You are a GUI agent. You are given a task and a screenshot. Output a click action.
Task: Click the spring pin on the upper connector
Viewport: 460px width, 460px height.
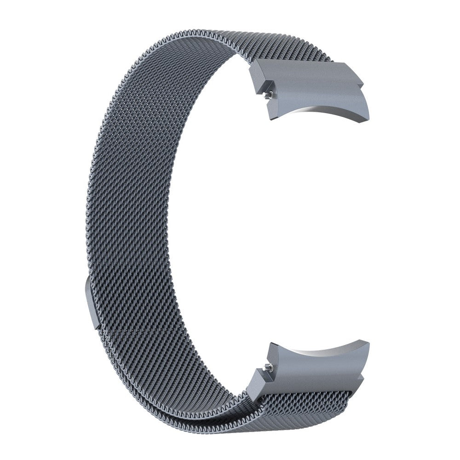(270, 95)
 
